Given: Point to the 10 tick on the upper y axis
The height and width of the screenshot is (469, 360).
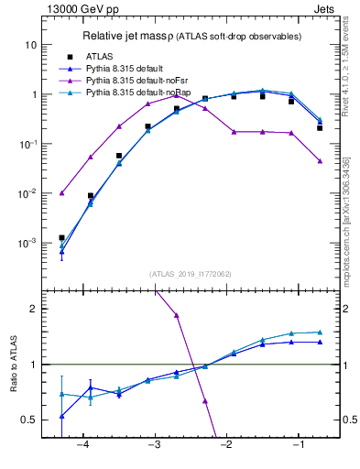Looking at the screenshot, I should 31,45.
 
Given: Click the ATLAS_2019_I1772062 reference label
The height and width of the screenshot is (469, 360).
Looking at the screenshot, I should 190,273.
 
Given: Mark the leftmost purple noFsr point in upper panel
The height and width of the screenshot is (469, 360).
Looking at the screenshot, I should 61,193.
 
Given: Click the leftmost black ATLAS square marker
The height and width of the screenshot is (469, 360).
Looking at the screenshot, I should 61,238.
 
